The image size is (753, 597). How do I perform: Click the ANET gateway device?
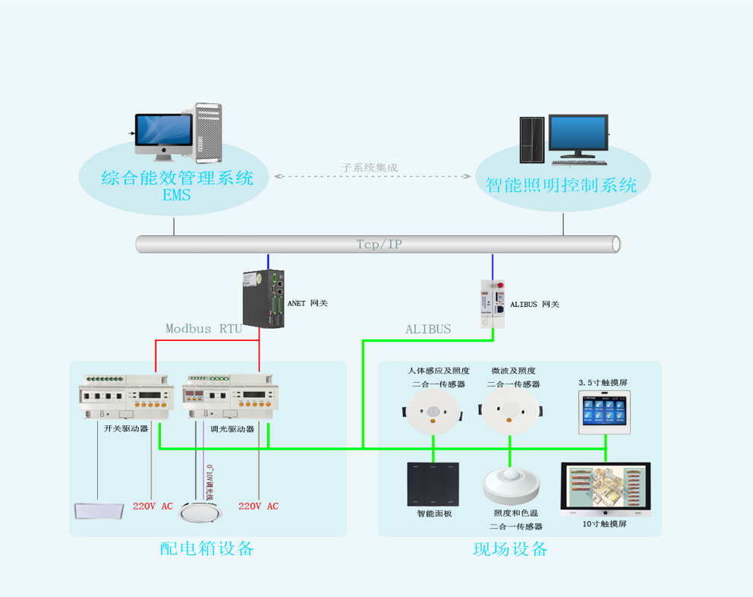point(264,298)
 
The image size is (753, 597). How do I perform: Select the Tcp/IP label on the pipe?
point(379,245)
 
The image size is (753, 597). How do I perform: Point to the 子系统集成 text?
point(370,167)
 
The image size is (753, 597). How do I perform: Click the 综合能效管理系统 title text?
point(177,179)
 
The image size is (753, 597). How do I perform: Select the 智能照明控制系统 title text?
point(561,185)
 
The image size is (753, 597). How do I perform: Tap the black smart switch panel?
point(433,485)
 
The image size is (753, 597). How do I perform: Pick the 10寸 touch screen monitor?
point(605,489)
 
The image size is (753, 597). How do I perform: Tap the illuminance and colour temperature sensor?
point(511,485)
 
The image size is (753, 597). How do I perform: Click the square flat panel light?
point(98,510)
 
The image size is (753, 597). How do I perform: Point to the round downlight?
point(198,513)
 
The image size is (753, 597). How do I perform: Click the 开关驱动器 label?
point(125,428)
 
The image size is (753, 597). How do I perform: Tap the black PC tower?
point(532,140)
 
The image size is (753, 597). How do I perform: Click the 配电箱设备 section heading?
point(206,548)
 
